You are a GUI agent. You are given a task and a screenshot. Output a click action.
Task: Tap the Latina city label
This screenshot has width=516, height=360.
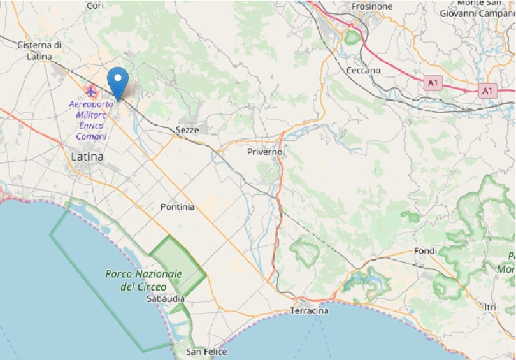88,155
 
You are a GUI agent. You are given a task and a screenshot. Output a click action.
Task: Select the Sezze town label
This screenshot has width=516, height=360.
187,129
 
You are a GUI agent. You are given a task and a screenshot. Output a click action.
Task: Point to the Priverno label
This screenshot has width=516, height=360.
264,153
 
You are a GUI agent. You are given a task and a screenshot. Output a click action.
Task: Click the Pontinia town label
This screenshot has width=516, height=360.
178,207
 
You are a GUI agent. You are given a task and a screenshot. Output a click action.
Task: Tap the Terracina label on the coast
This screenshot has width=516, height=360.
309,310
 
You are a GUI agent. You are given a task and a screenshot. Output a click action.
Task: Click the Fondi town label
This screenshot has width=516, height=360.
425,251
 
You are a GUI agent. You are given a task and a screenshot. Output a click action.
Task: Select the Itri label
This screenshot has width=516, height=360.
490,307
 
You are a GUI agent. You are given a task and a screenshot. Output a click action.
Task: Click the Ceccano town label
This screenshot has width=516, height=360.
363,70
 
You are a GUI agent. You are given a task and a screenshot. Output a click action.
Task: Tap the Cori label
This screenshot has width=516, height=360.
95,5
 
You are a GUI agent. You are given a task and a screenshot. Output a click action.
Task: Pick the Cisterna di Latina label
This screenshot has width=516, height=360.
39,50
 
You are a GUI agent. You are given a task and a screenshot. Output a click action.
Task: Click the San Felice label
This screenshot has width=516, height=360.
206,352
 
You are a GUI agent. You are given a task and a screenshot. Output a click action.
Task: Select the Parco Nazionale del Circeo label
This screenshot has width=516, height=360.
143,280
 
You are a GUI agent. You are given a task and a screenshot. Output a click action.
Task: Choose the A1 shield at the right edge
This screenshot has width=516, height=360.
487,91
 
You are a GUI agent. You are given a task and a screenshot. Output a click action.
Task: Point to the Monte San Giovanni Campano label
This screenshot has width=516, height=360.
477,8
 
